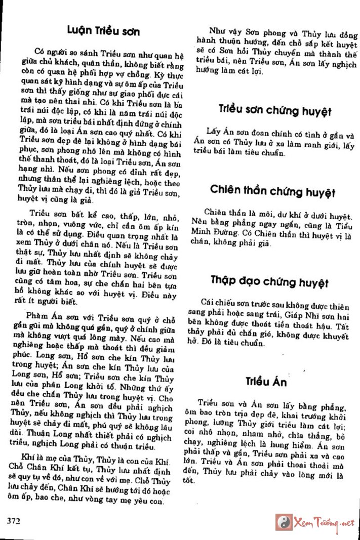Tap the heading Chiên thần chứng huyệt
[x=272, y=191]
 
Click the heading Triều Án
[x=267, y=382]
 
